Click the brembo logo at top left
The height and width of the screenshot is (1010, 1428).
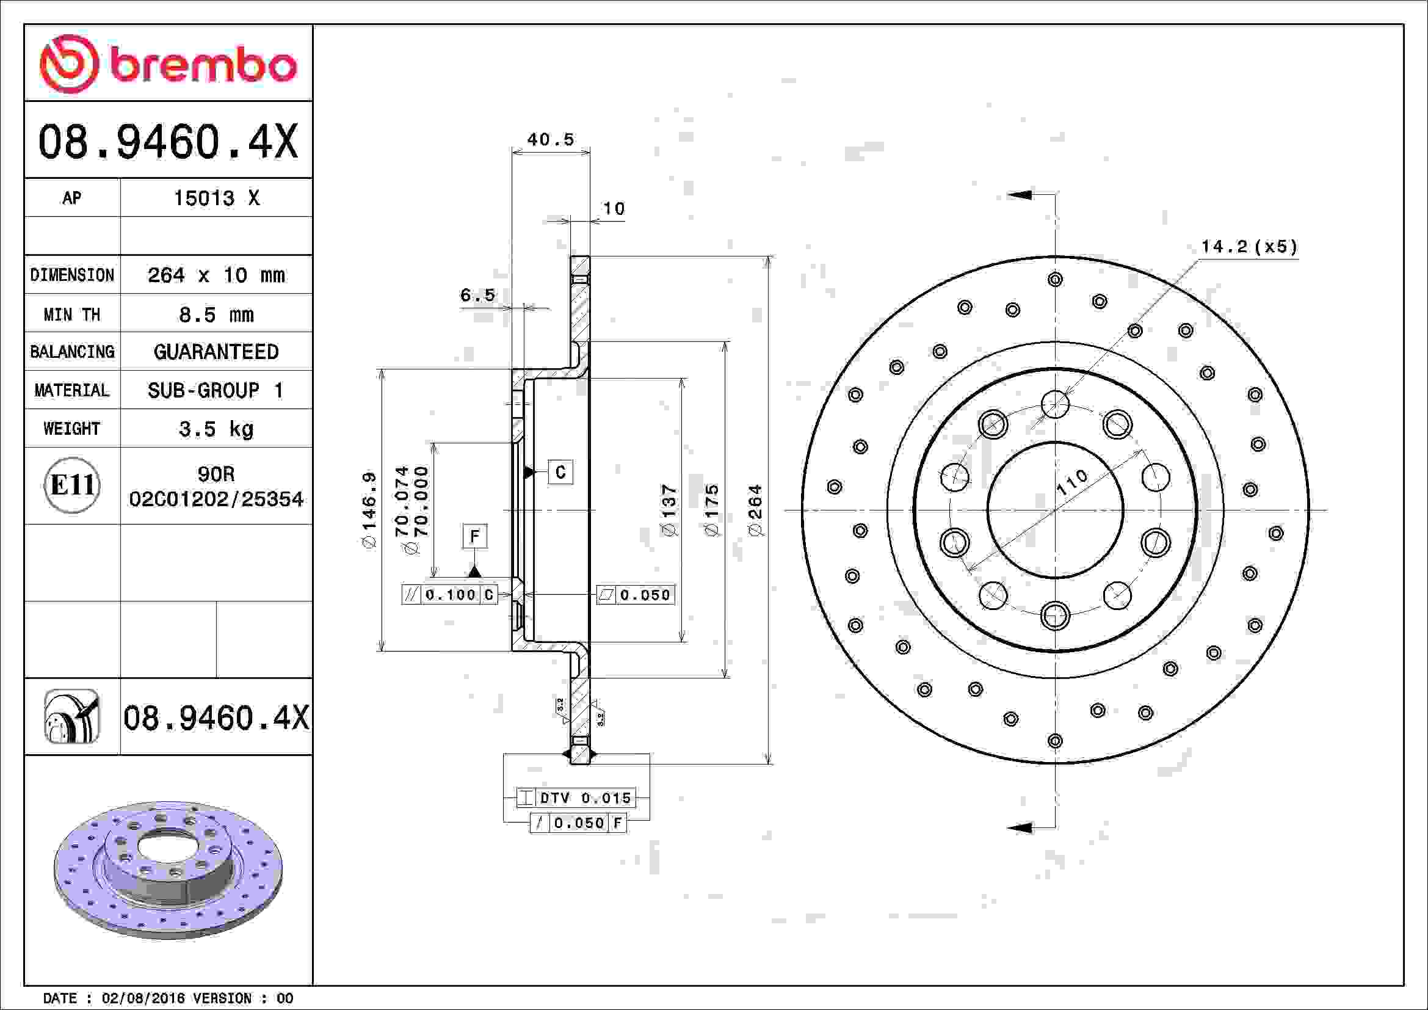coord(168,64)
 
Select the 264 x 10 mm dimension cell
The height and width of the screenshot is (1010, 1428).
coord(216,275)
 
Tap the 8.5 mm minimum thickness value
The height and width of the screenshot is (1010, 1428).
coord(216,314)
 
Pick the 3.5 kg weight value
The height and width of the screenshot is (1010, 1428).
coord(216,429)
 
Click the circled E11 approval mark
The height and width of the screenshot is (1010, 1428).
coord(72,485)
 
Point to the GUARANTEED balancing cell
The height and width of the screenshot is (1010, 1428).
coord(216,352)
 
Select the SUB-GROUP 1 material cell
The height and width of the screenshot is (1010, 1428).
coord(216,391)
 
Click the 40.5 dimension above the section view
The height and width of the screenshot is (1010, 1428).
coord(551,139)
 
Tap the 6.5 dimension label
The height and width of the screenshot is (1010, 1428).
coord(477,295)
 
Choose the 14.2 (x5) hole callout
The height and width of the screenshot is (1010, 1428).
coord(1249,247)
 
